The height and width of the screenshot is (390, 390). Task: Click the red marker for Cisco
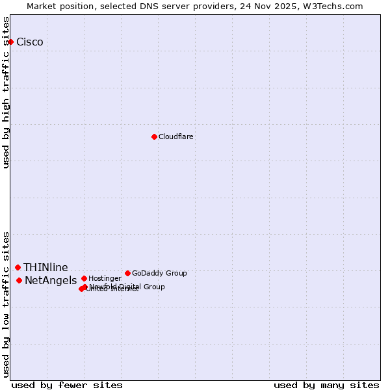tap(10, 42)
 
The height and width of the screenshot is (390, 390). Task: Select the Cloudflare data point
tap(154, 136)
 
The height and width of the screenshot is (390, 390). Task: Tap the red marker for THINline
tap(18, 267)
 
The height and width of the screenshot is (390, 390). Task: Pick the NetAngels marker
tap(19, 280)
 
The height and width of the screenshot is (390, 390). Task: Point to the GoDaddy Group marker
tap(127, 273)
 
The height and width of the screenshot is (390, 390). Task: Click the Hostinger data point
tap(84, 278)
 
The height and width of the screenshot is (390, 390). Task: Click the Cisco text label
tap(30, 42)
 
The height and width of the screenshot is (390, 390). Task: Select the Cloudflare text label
tap(176, 137)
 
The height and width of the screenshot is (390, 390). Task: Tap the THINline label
tap(45, 268)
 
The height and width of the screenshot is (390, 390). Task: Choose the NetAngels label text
tap(51, 281)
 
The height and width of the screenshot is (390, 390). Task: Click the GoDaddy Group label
tap(159, 274)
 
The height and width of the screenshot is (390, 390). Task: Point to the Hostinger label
tap(105, 279)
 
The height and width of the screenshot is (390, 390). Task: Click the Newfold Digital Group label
tap(127, 287)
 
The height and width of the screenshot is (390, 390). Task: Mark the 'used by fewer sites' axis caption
tap(67, 385)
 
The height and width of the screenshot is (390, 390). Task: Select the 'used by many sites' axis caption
tap(326, 385)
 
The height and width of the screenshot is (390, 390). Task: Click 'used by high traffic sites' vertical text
tap(6, 92)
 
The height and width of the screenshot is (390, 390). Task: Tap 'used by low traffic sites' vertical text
tap(6, 304)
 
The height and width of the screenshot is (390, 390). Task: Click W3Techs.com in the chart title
tap(335, 6)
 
